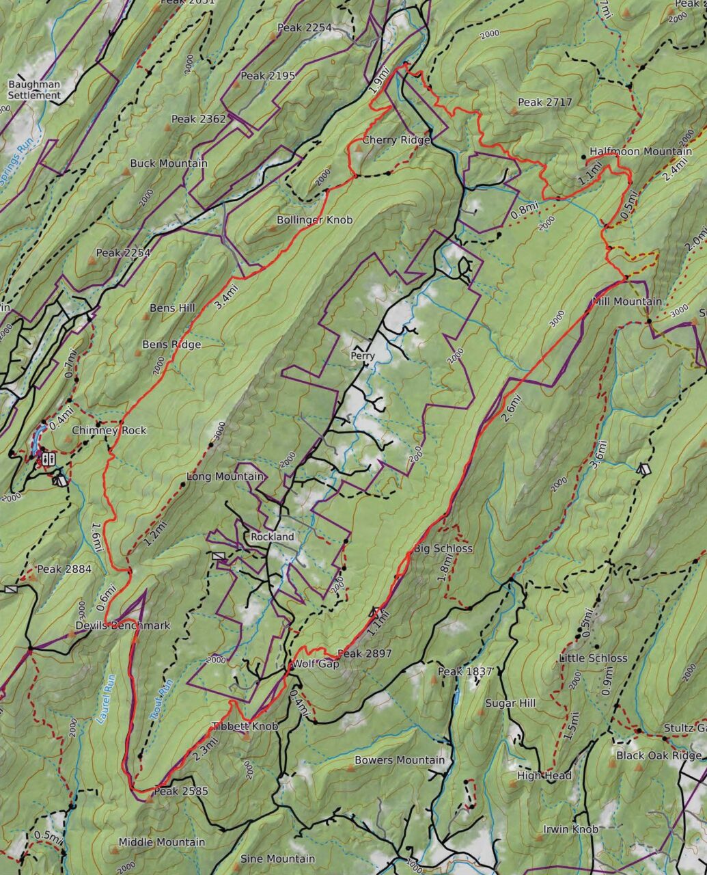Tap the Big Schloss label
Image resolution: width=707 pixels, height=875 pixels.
click(443, 548)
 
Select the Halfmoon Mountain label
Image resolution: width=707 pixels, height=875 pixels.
click(640, 151)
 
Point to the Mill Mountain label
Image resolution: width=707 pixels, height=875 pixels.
click(626, 301)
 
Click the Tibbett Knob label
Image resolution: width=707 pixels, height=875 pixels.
click(245, 726)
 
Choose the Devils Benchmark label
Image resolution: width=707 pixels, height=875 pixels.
click(123, 625)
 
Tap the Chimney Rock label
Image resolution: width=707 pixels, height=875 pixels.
click(109, 430)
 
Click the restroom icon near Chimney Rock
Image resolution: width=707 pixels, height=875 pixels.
click(48, 459)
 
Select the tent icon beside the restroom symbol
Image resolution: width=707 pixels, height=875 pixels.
click(61, 480)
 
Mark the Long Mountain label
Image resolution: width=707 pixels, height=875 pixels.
click(225, 476)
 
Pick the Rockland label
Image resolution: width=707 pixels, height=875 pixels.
click(272, 537)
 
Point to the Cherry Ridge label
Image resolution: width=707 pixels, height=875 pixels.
click(396, 139)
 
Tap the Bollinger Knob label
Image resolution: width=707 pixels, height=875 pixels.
click(314, 219)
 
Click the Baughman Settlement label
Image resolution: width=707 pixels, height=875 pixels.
click(34, 90)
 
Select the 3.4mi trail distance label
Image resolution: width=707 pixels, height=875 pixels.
click(226, 299)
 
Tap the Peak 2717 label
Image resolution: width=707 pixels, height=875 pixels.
click(544, 102)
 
